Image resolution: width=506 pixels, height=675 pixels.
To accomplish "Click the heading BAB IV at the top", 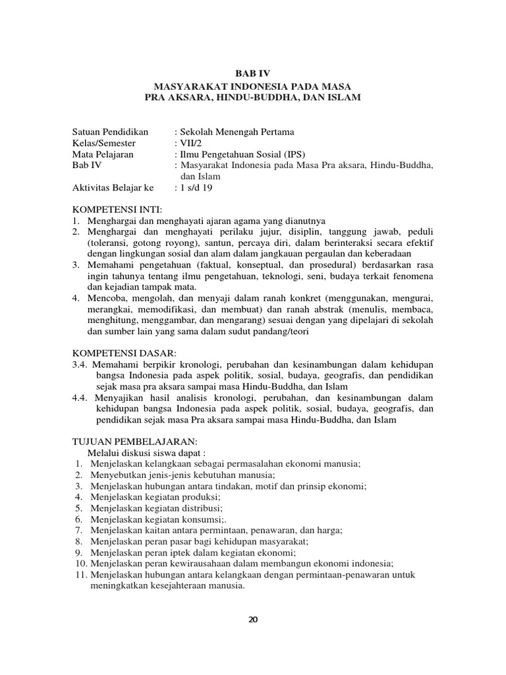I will point(253,74).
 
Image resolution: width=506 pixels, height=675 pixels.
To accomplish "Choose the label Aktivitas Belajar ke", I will point(113,188).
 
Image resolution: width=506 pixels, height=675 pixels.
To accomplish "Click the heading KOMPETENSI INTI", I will point(117,210).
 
